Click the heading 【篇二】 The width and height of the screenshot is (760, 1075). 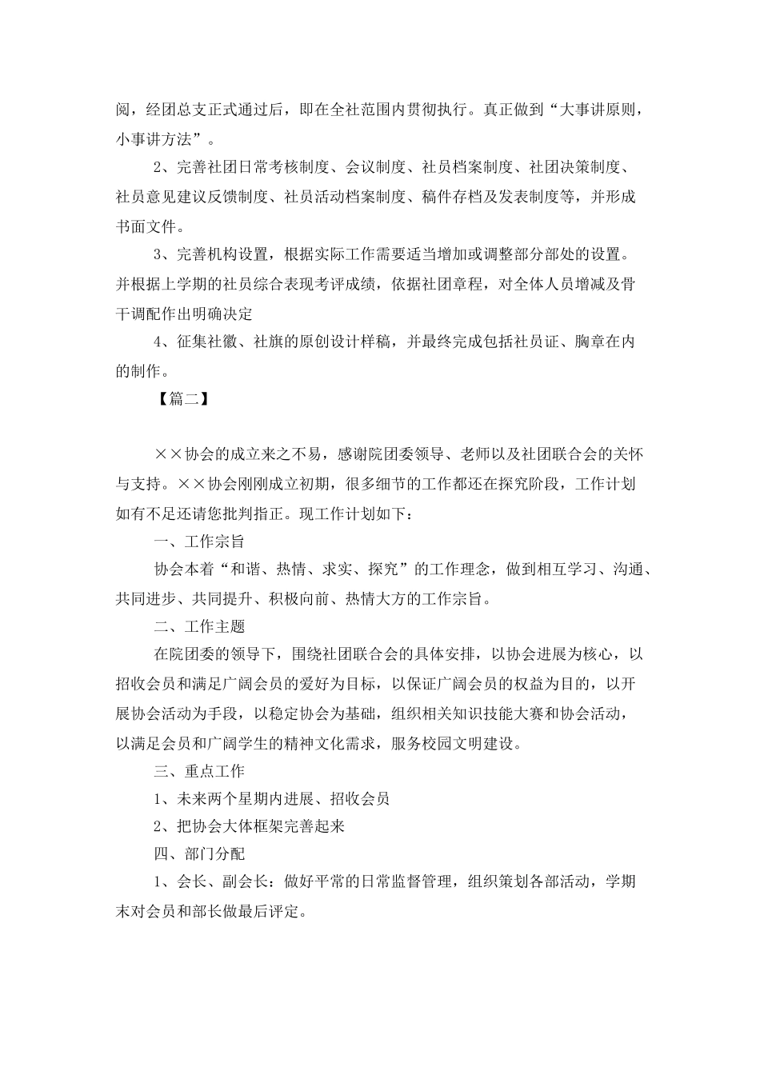point(182,399)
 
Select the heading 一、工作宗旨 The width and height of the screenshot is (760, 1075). point(199,541)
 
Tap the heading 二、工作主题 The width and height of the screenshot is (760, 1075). point(199,626)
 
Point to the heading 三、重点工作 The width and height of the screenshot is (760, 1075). point(199,771)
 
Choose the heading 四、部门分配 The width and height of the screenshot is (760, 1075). point(199,854)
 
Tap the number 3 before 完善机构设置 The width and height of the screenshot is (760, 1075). point(158,255)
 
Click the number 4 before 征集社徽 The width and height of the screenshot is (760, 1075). point(158,342)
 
